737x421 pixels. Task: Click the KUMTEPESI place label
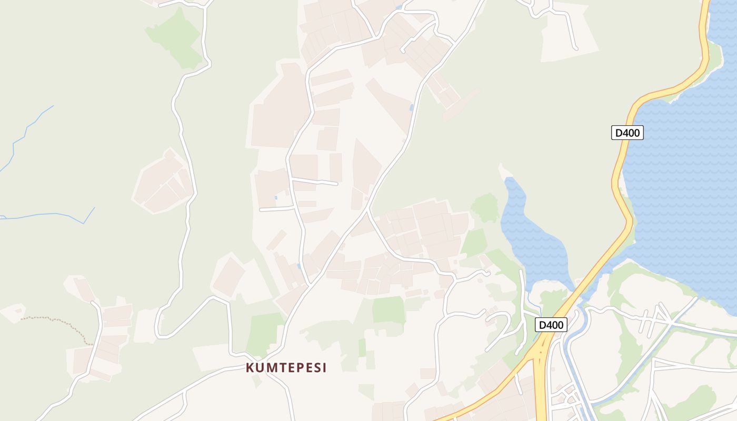point(286,368)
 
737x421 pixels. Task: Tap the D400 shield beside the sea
point(627,133)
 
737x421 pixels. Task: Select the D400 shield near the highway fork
point(551,325)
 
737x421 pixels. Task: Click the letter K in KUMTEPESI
point(250,368)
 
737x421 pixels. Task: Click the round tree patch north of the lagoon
point(485,206)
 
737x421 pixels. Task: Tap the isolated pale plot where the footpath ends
point(12,313)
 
